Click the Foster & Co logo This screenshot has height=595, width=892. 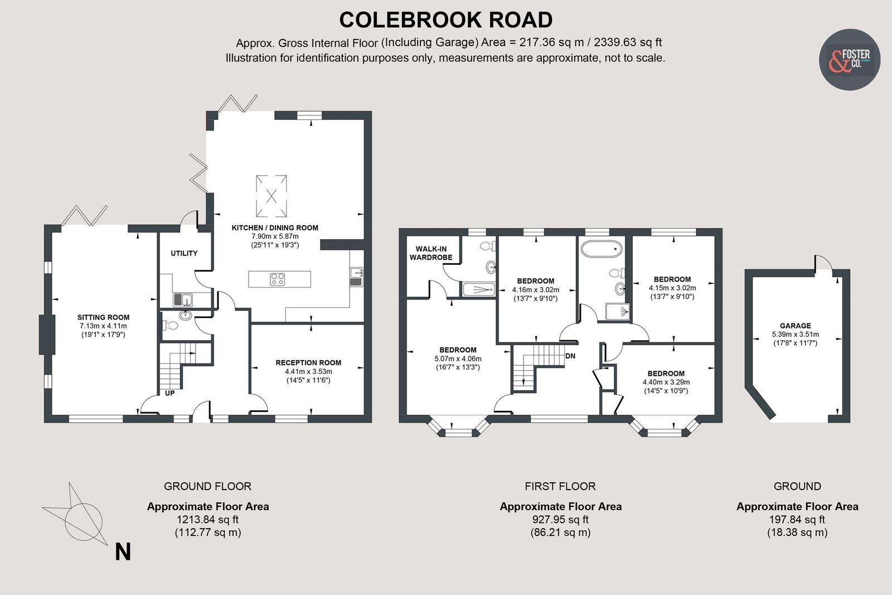(x=849, y=60)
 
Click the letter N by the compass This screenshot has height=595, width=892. (x=123, y=552)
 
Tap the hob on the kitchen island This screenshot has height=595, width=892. (x=278, y=279)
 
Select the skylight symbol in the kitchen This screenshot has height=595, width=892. (x=272, y=196)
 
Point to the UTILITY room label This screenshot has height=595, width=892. (x=184, y=253)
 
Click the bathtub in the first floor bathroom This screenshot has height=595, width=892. (x=601, y=248)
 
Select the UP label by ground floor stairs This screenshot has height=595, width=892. (x=170, y=393)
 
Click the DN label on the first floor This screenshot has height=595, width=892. (x=570, y=356)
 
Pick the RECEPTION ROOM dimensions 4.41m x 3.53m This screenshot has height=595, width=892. (x=308, y=371)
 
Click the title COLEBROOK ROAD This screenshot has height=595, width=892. (x=445, y=20)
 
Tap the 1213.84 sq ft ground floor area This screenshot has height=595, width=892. (x=207, y=519)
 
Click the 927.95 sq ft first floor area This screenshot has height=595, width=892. (x=560, y=519)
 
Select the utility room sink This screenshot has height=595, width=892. (x=182, y=300)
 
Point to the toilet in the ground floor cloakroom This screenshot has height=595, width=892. (x=172, y=325)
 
